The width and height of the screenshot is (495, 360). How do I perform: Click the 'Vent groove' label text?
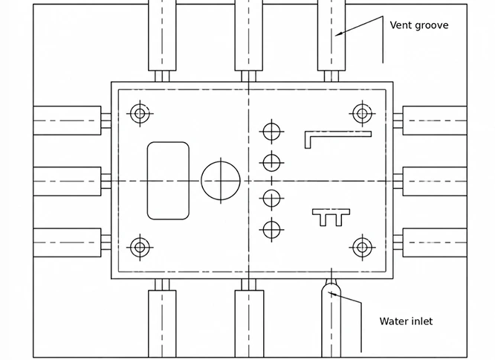pos(419,25)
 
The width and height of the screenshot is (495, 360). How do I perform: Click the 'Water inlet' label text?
pos(406,321)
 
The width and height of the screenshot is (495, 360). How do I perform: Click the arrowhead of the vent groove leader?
pos(336,35)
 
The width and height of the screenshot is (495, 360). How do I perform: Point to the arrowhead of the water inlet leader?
pos(329,292)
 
